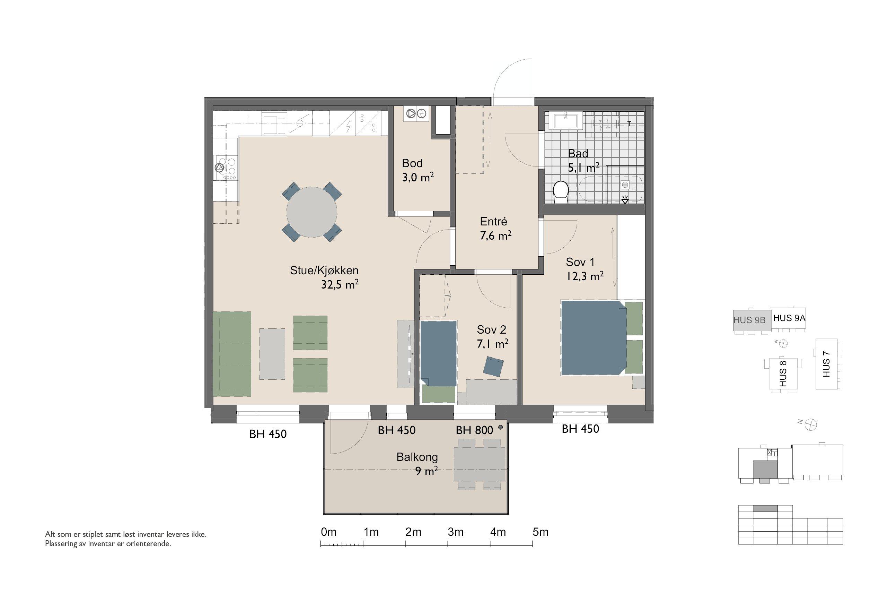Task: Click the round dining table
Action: pos(312,212)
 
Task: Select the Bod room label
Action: pos(412,163)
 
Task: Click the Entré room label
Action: pos(493,221)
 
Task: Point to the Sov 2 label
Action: pos(491,329)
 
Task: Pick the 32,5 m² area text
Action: pos(340,284)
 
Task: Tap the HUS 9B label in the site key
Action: pos(749,320)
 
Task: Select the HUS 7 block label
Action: pos(826,364)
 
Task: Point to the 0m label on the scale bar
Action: pos(328,532)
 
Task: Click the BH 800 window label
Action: pos(474,430)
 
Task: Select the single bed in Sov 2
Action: pos(438,353)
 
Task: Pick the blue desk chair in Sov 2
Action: pos(494,367)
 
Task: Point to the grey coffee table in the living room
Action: pos(272,354)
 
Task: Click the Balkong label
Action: pos(417,457)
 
